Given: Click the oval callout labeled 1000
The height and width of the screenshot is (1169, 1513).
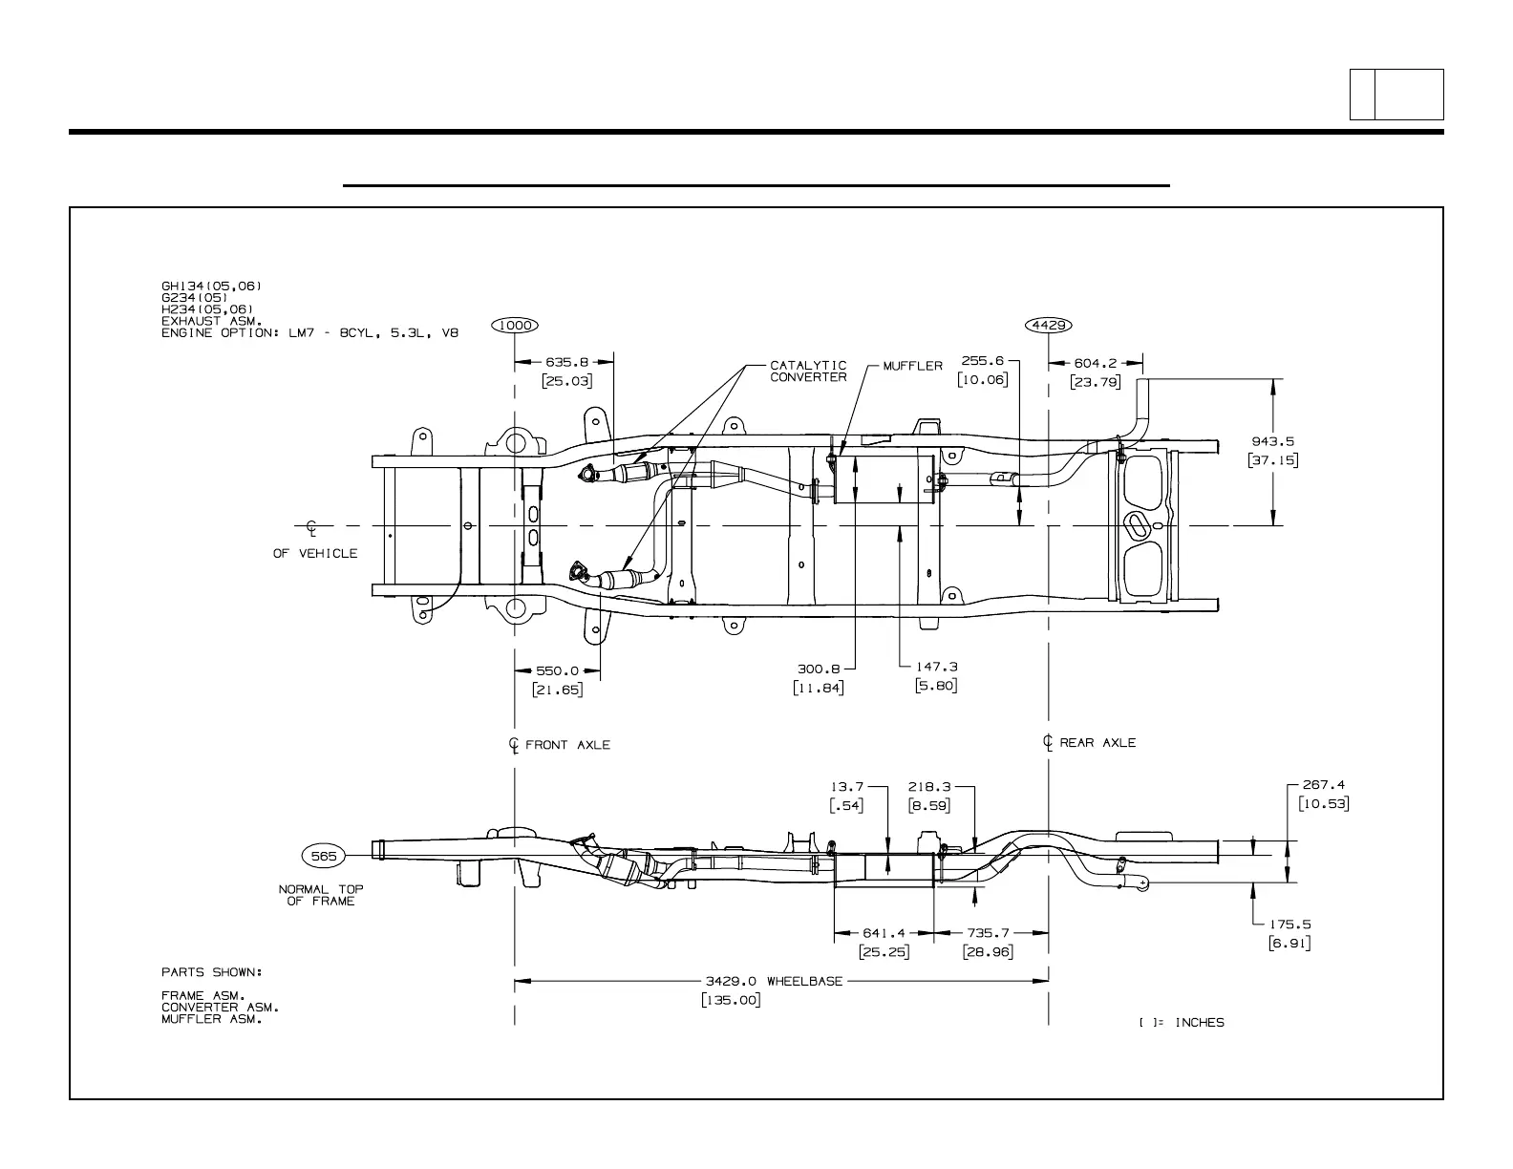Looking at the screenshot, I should pyautogui.click(x=515, y=325).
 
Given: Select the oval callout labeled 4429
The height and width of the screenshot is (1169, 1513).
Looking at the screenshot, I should pyautogui.click(x=1048, y=325).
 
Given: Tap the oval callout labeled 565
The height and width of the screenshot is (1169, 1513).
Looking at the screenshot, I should pyautogui.click(x=324, y=856).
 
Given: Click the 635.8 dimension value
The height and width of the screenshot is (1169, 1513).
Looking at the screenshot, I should pyautogui.click(x=566, y=363).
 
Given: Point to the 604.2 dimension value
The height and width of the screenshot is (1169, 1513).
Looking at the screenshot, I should pyautogui.click(x=1096, y=363).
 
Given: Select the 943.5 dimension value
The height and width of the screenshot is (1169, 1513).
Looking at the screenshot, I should pyautogui.click(x=1272, y=441).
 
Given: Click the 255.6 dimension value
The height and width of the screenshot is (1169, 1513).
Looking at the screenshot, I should pyautogui.click(x=982, y=361).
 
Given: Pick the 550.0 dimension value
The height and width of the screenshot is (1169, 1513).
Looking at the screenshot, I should pyautogui.click(x=557, y=670).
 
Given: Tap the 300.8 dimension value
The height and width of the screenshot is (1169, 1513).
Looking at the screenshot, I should pyautogui.click(x=819, y=670).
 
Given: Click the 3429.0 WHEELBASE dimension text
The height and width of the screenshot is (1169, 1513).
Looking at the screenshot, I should pyautogui.click(x=774, y=981).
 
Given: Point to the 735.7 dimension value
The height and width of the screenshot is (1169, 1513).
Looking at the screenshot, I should pyautogui.click(x=988, y=932).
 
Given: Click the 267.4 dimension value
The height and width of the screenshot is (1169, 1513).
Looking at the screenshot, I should pyautogui.click(x=1324, y=785).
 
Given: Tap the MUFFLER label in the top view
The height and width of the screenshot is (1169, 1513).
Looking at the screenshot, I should pyautogui.click(x=911, y=366).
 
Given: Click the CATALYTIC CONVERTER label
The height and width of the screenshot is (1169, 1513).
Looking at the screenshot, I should pyautogui.click(x=808, y=371).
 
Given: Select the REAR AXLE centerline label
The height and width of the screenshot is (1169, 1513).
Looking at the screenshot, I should pyautogui.click(x=1097, y=743).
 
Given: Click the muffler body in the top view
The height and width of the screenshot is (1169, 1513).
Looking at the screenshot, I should pyautogui.click(x=884, y=480).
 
